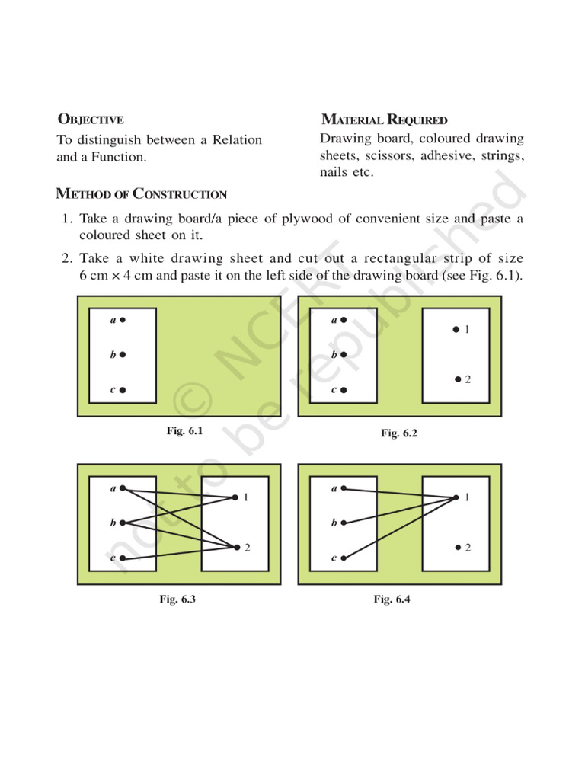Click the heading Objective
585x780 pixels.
pyautogui.click(x=91, y=120)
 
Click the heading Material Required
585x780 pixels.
pyautogui.click(x=385, y=120)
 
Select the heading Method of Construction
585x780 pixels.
pyautogui.click(x=142, y=194)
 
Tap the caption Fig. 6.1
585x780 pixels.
pyautogui.click(x=184, y=431)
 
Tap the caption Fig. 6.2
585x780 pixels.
pyautogui.click(x=399, y=433)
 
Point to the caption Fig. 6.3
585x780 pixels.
pyautogui.click(x=177, y=599)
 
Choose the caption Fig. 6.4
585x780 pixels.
pyautogui.click(x=392, y=599)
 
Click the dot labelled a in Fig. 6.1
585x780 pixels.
pyautogui.click(x=123, y=321)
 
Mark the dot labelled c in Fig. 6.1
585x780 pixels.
pyautogui.click(x=123, y=390)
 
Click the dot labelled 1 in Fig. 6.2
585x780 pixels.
pyautogui.click(x=456, y=330)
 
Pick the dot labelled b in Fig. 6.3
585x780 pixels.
pyautogui.click(x=123, y=523)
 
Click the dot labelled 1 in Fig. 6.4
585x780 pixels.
pyautogui.click(x=456, y=498)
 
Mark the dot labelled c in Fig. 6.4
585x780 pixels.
pyautogui.click(x=344, y=558)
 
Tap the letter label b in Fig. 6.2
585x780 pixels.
pyautogui.click(x=334, y=355)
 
